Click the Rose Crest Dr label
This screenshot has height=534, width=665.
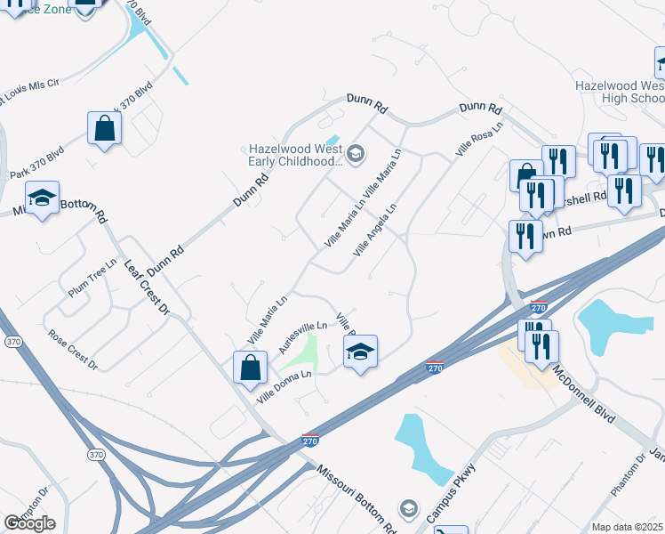[73, 349]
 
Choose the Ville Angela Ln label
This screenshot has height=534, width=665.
[374, 231]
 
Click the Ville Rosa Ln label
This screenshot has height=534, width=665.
[479, 140]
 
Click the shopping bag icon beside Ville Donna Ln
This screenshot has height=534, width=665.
[251, 366]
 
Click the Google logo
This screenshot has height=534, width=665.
[29, 523]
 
